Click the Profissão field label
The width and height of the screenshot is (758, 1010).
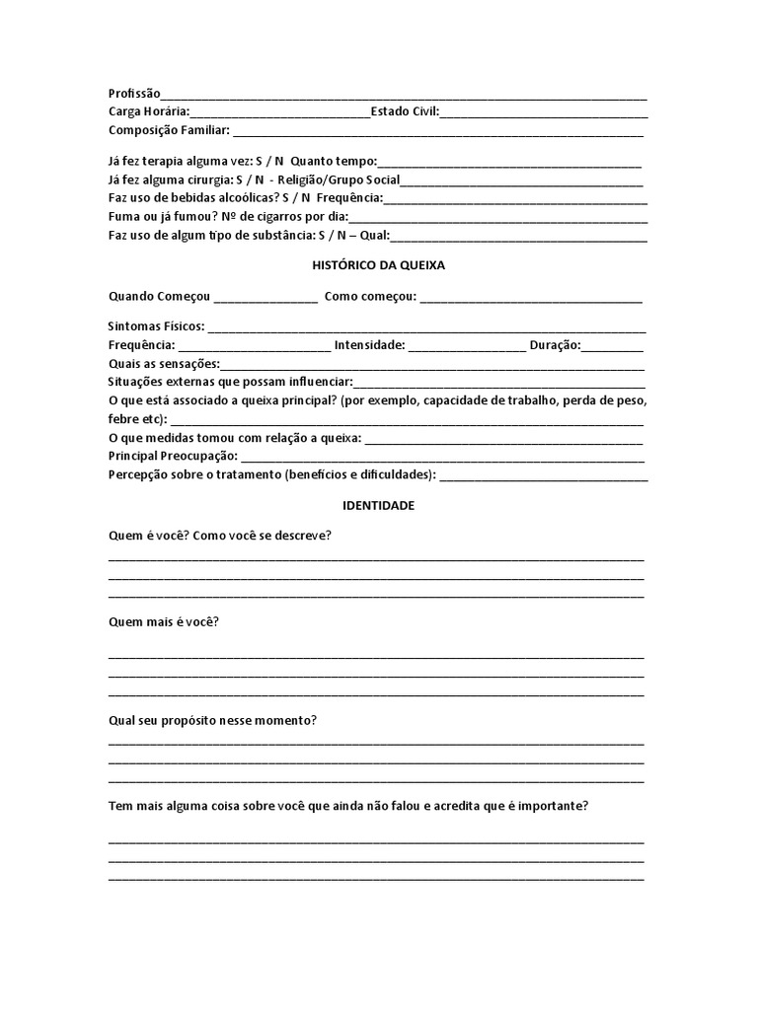click(x=133, y=93)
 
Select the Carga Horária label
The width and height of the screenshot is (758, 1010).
click(x=149, y=111)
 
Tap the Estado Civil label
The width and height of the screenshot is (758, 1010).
click(x=405, y=111)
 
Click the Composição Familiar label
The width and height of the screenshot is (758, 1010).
click(x=169, y=130)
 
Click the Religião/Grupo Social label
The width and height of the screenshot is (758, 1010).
click(x=340, y=180)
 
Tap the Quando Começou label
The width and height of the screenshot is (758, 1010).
click(x=159, y=297)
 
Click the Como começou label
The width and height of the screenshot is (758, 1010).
click(x=370, y=297)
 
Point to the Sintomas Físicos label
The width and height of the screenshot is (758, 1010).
click(x=156, y=326)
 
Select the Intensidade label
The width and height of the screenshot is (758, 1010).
click(x=369, y=345)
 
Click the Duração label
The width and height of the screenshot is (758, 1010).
click(x=555, y=345)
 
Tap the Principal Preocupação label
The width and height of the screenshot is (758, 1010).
click(x=173, y=456)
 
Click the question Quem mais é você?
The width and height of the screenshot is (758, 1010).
click(x=163, y=622)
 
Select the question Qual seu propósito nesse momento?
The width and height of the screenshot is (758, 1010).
click(x=212, y=720)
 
